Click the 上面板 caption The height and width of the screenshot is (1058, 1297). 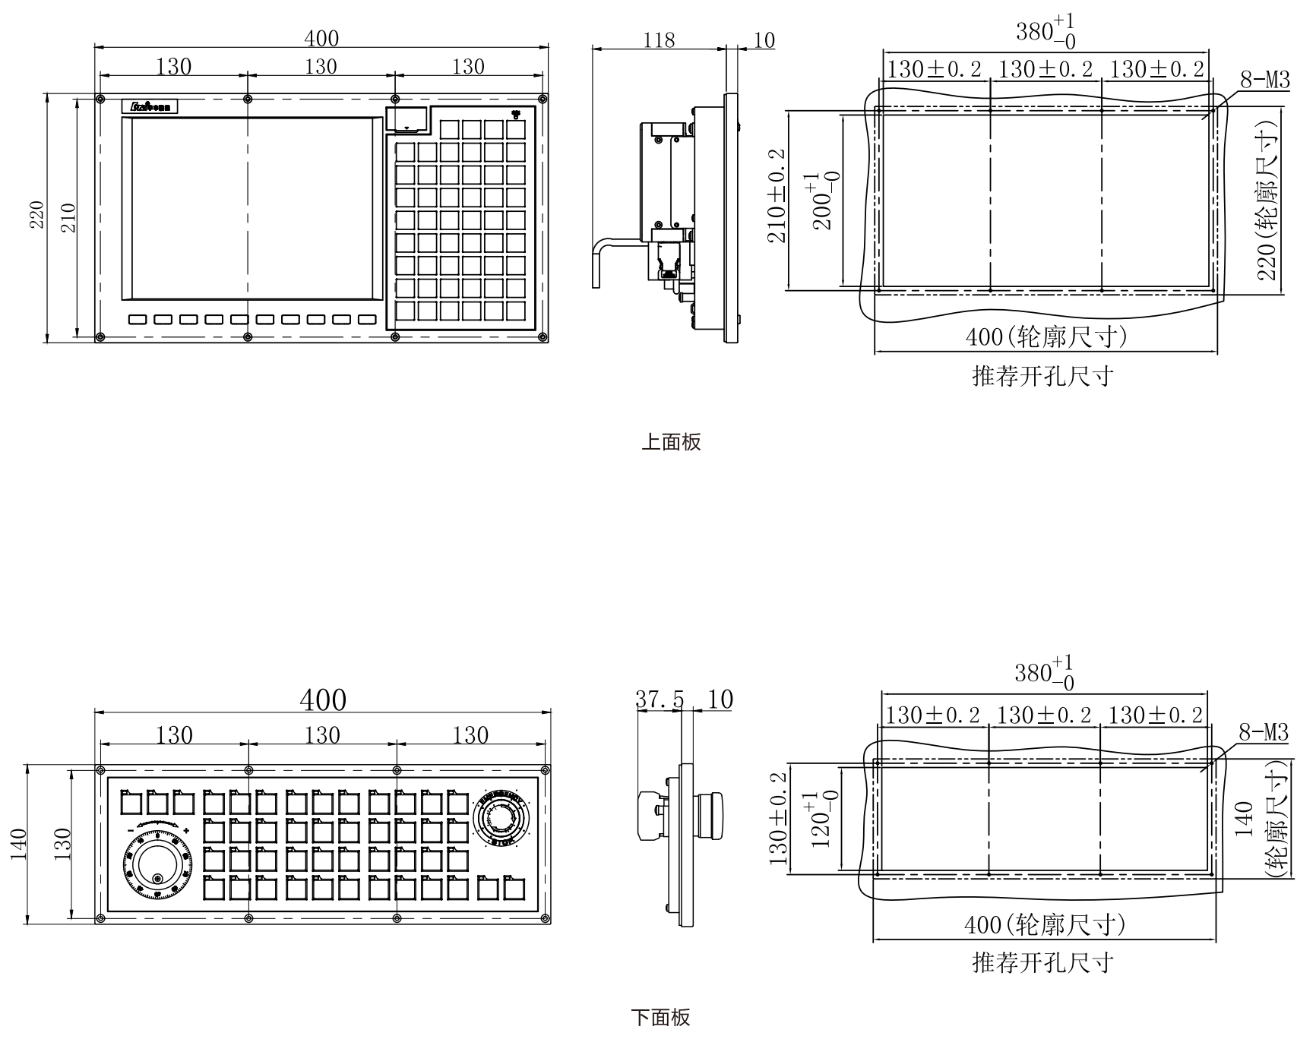pos(671,442)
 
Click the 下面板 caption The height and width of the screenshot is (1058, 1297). pos(660,1018)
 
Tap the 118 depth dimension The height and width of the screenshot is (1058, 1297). pos(658,40)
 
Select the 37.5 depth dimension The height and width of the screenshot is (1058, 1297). pos(659,700)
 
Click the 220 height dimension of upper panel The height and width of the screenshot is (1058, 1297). pos(37,215)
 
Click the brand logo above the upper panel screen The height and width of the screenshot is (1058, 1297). pos(150,106)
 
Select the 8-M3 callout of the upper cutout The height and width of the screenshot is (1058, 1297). pos(1264,80)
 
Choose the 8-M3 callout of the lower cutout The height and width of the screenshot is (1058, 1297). pos(1264,732)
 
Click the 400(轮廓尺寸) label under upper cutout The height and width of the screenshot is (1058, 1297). pos(1046,336)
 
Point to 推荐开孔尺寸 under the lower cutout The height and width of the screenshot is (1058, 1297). pos(1043,963)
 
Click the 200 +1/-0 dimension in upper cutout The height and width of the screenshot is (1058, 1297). pos(823,201)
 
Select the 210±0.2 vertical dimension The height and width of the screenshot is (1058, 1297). pos(777,196)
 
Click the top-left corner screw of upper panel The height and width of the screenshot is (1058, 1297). pos(100,99)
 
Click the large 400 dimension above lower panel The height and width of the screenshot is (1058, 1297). pos(322,700)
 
